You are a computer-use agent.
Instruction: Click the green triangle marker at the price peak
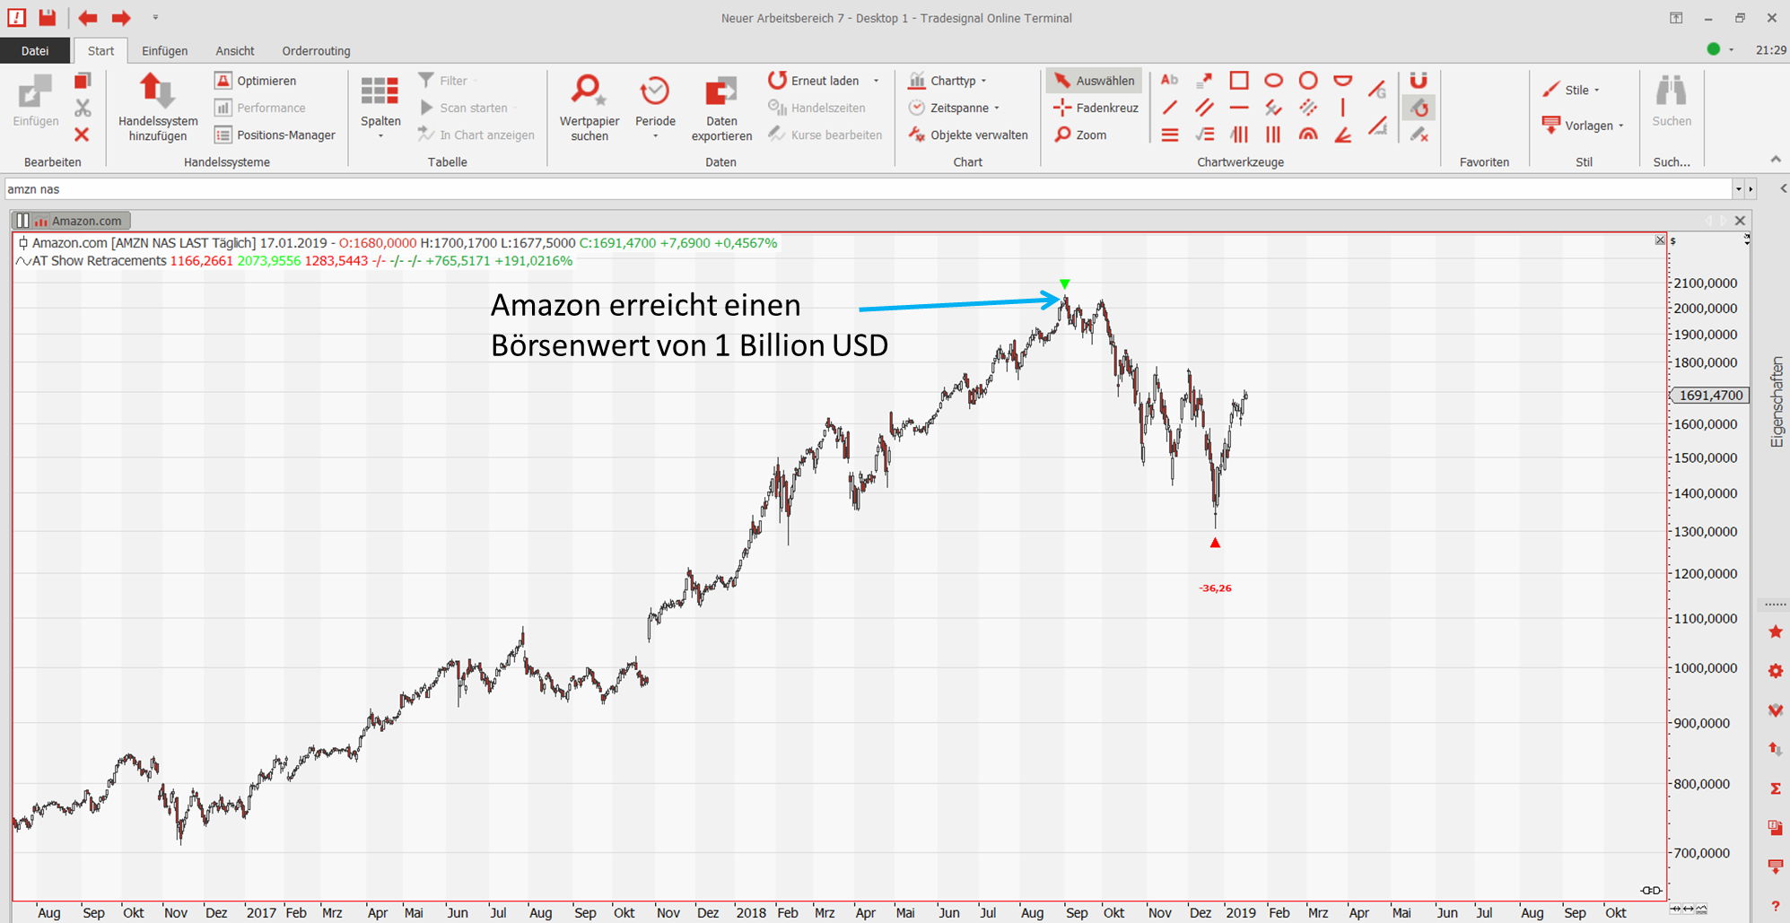[x=1064, y=284]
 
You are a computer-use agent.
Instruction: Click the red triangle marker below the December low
[x=1215, y=543]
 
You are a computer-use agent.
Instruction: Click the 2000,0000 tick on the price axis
[x=1705, y=308]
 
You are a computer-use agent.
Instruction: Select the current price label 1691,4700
[x=1710, y=395]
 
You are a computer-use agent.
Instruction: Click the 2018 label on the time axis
[x=750, y=912]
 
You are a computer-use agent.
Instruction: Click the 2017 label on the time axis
[x=261, y=912]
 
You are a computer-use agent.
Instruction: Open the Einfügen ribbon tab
[x=164, y=51]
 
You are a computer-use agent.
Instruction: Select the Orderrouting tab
[x=316, y=51]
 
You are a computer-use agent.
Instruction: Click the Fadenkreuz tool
[x=1096, y=108]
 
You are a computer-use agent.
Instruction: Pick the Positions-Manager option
[x=275, y=135]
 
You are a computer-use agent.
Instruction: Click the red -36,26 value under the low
[x=1215, y=588]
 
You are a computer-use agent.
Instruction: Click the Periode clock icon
[x=655, y=91]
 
